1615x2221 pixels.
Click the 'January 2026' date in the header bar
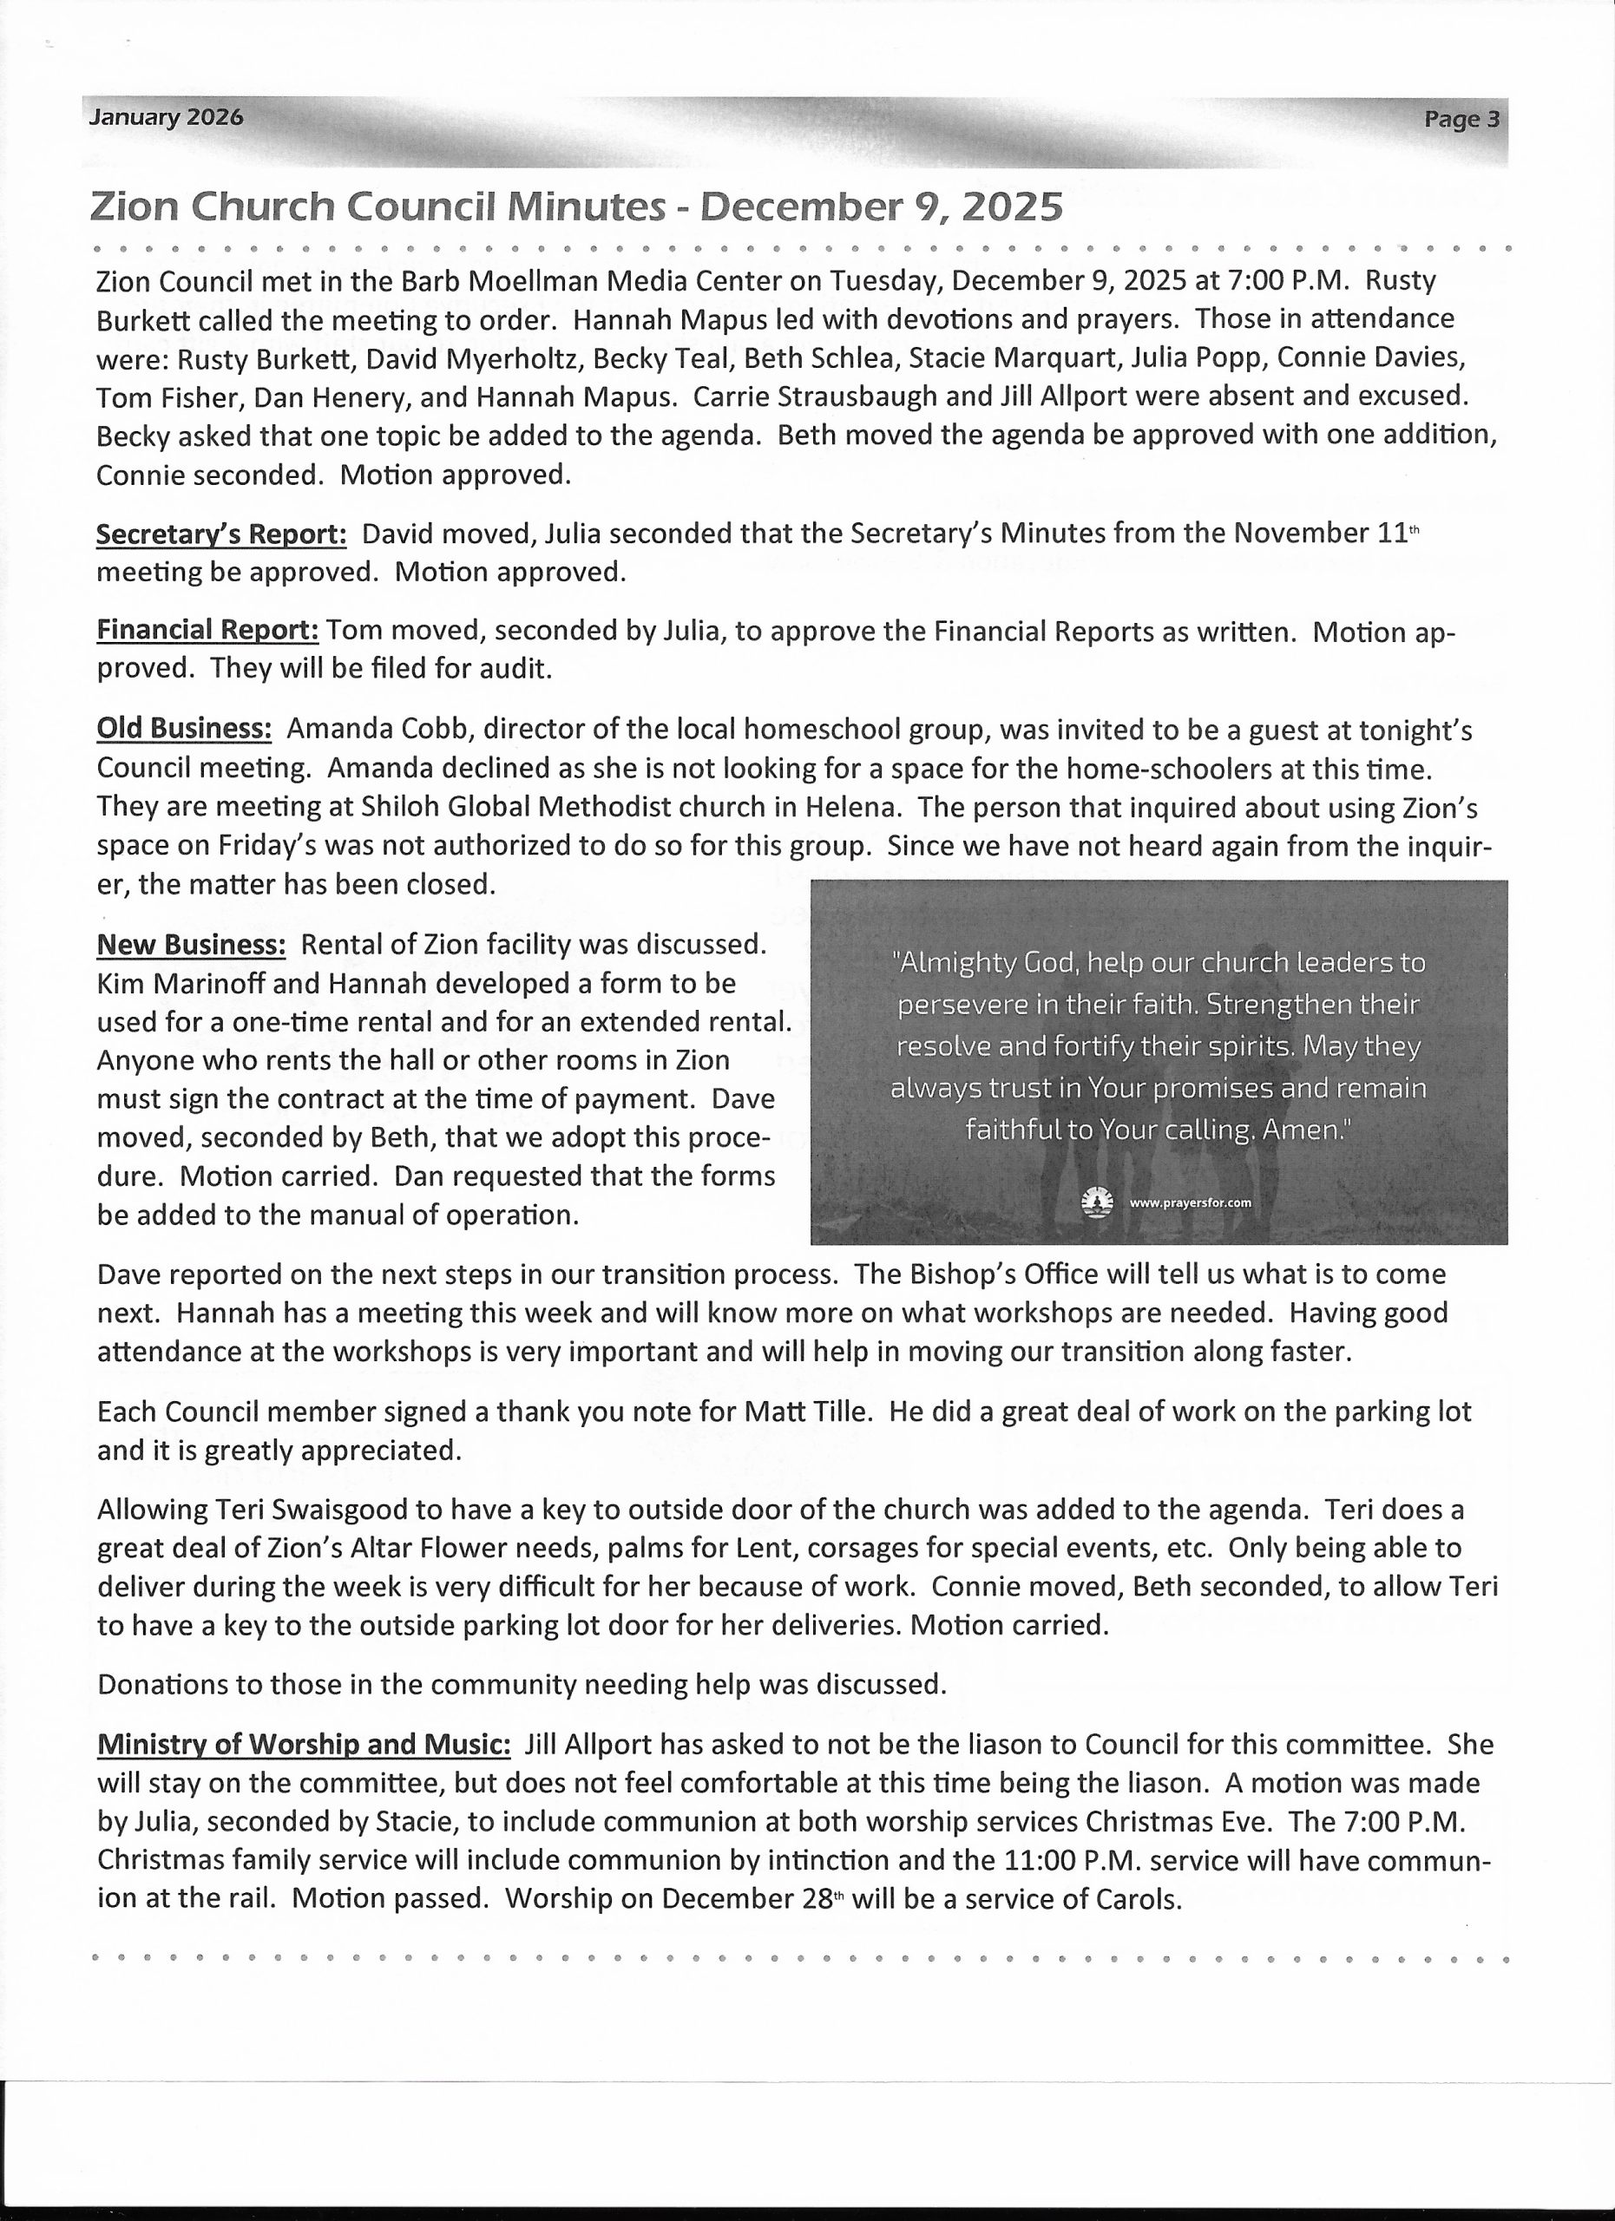tap(166, 117)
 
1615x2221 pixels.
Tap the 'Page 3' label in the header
tap(1461, 120)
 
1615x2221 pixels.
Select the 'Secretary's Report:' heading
tap(221, 534)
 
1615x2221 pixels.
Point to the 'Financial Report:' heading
tap(207, 631)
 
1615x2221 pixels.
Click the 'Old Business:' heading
tap(184, 730)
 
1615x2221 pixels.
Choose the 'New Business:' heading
tap(191, 944)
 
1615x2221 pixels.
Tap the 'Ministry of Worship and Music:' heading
tap(304, 1744)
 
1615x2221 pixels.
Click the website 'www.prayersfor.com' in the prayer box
tap(1190, 1203)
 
